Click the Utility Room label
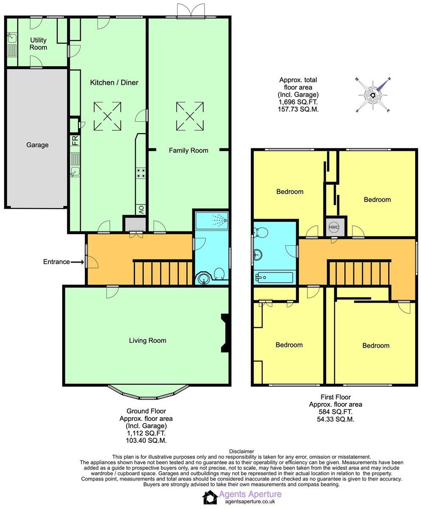(x=38, y=44)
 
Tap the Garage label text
(x=37, y=145)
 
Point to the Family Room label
(x=188, y=151)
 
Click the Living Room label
(x=148, y=341)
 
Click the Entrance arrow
(x=77, y=262)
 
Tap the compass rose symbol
(x=373, y=95)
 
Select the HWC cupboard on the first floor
(x=334, y=227)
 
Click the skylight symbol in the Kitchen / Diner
(x=107, y=116)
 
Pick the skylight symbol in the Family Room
(x=190, y=116)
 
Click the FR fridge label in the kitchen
(x=75, y=140)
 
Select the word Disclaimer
(x=241, y=451)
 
